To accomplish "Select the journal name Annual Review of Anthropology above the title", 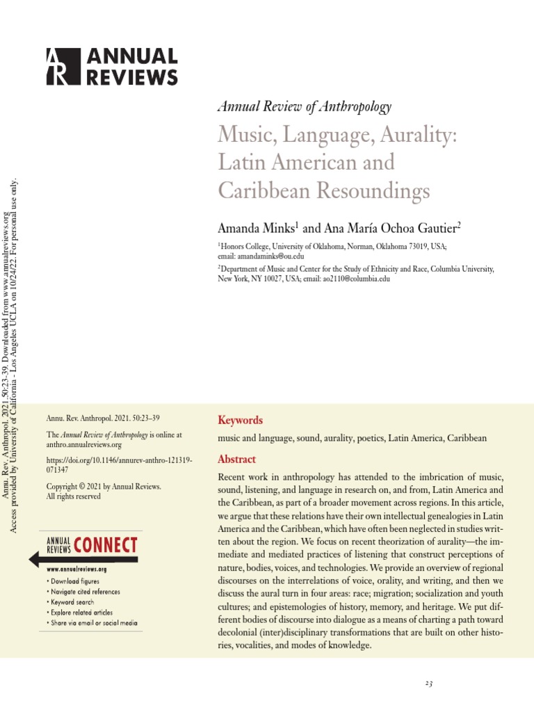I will (x=304, y=106).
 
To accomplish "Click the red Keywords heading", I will (x=240, y=420).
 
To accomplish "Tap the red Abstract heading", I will (x=237, y=459).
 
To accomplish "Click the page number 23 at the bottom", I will (x=429, y=683).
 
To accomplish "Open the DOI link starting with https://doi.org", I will (x=119, y=465).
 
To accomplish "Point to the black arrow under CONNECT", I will (x=83, y=558).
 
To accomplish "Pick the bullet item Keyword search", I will (x=72, y=602).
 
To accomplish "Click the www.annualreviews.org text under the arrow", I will (x=76, y=569).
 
